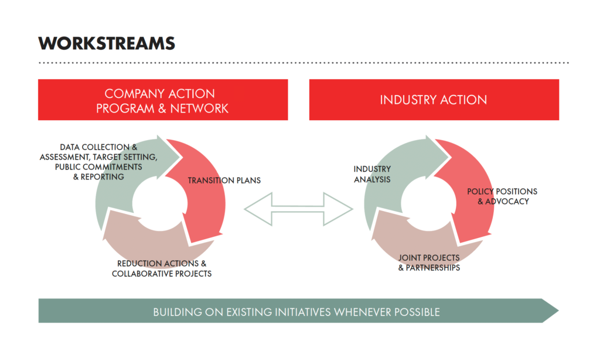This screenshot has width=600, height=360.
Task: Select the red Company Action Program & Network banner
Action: click(x=163, y=100)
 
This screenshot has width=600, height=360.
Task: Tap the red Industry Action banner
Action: click(x=434, y=100)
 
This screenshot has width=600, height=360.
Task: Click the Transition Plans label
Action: click(x=224, y=180)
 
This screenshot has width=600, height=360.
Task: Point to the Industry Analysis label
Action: click(x=371, y=174)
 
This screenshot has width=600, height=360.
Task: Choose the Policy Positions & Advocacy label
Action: click(x=502, y=196)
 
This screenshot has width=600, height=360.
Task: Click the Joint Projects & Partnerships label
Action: click(x=429, y=263)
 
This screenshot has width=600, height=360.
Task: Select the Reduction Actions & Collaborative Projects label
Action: click(x=162, y=269)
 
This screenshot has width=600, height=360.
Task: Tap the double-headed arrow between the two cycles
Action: click(x=298, y=208)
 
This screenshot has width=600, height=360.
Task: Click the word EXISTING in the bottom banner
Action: click(x=245, y=312)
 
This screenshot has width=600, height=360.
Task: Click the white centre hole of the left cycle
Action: click(x=159, y=202)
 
